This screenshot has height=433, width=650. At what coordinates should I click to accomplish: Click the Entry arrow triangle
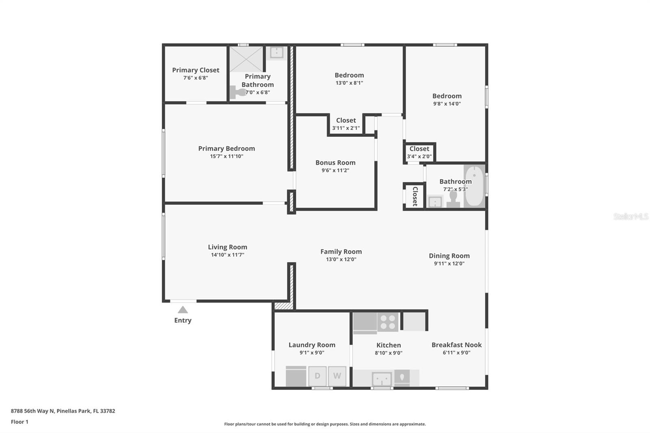[183, 310]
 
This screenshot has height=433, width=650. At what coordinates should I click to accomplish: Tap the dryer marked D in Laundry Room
[317, 376]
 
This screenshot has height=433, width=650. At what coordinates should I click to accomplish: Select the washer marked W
[337, 376]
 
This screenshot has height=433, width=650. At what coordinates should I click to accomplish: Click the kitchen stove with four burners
[388, 322]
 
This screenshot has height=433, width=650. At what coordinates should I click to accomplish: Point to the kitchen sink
[382, 379]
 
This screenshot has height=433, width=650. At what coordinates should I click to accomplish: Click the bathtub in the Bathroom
[474, 186]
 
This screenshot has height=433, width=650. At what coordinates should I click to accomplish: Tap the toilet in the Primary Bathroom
[238, 92]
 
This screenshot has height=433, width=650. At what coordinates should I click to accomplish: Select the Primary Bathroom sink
[277, 52]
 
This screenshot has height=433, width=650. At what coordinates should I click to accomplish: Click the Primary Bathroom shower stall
[246, 59]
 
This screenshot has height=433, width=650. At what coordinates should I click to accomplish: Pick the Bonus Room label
[335, 162]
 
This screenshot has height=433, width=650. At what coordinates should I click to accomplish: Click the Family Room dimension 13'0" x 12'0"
[341, 260]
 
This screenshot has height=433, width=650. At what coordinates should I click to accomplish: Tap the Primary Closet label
[195, 70]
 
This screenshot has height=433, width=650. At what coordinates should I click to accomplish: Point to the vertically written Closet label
[415, 196]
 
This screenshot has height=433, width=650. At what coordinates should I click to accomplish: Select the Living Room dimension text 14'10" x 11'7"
[227, 255]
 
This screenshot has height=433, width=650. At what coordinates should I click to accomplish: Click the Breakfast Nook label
[456, 345]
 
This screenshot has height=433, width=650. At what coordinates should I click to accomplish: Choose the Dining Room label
[449, 256]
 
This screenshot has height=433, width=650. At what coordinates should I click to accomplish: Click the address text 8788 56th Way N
[32, 411]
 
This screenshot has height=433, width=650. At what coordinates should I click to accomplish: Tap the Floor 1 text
[19, 422]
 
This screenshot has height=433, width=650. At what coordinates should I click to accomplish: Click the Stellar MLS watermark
[630, 216]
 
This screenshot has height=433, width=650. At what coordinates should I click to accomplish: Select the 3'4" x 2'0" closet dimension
[419, 156]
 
